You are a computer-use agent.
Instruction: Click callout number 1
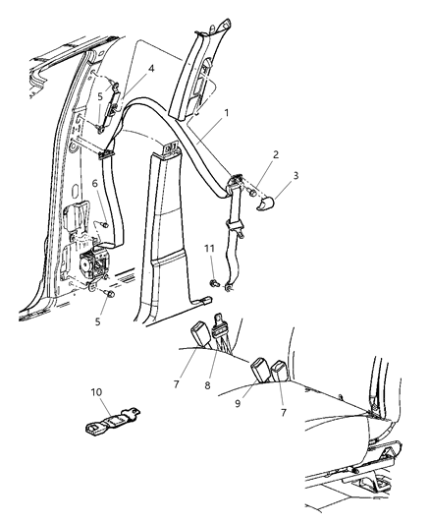227,113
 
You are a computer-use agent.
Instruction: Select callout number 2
275,154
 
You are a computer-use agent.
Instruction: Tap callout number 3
296,175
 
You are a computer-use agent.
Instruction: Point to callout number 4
151,69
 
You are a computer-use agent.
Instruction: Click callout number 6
95,183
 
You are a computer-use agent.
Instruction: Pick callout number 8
207,385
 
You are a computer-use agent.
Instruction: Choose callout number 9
238,403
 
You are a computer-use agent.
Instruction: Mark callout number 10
96,392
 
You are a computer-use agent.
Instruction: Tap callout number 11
209,249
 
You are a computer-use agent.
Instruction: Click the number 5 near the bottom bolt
97,321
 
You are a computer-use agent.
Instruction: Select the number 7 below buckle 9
283,412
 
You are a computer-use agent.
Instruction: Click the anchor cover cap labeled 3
265,204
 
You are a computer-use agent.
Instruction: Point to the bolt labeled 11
214,284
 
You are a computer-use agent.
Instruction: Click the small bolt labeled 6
105,225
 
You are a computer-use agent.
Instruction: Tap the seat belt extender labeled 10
113,422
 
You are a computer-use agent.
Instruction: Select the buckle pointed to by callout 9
259,369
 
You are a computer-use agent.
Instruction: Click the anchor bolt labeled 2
253,193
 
